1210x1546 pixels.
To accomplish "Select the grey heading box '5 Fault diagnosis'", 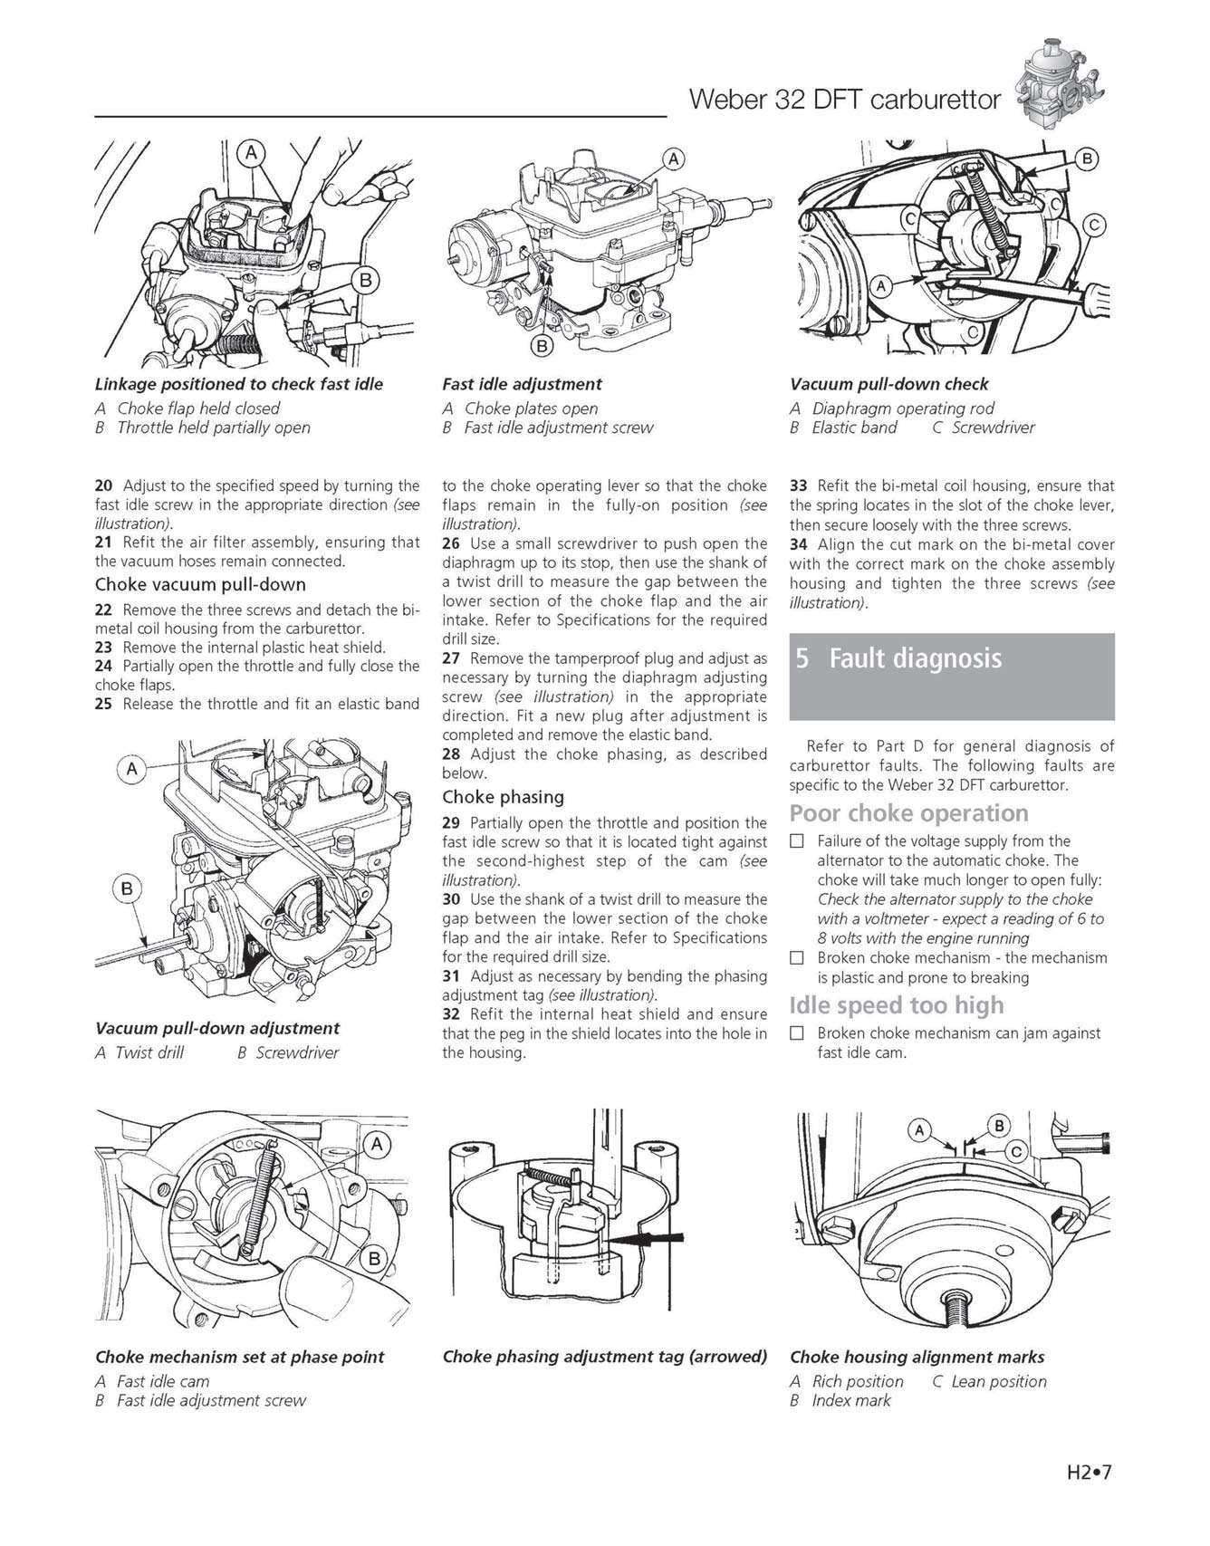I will click(x=951, y=676).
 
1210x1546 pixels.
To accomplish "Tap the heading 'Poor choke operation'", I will click(x=908, y=812).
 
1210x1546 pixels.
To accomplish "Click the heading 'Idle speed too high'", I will click(x=897, y=1005).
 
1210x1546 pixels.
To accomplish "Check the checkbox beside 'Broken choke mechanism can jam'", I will click(x=797, y=1032).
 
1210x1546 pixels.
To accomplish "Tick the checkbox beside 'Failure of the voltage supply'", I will click(x=797, y=840).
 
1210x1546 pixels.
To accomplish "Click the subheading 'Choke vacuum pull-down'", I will click(x=200, y=584).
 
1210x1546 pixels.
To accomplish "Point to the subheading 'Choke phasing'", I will click(x=503, y=797).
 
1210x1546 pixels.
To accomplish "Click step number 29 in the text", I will click(x=451, y=822).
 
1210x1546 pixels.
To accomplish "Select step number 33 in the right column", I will click(x=798, y=485).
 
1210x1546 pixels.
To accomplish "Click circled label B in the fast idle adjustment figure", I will click(x=542, y=345).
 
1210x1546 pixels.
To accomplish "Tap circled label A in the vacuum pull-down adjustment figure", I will click(x=132, y=770).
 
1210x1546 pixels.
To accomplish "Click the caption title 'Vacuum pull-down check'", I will click(x=888, y=384).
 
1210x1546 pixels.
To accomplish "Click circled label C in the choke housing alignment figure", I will click(x=1016, y=1152).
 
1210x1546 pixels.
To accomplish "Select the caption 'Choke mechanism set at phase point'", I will click(x=239, y=1357).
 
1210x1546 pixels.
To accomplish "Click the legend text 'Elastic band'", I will click(x=854, y=427).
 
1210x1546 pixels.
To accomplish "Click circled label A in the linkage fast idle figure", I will click(x=251, y=153).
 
